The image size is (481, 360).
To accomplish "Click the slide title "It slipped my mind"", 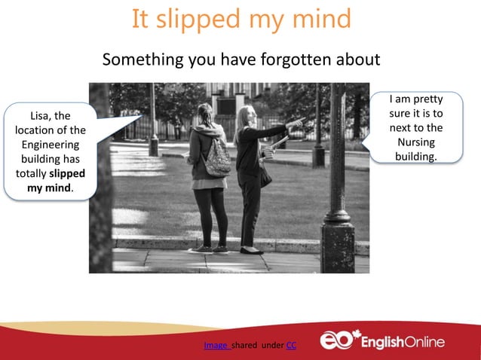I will (240, 19).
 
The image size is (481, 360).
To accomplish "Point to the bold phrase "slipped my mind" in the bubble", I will (60, 180).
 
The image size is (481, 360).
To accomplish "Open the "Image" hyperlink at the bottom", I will (216, 345).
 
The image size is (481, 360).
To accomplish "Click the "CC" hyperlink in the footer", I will (291, 345).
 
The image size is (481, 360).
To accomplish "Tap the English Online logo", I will (382, 341).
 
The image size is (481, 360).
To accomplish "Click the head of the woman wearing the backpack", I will (205, 114).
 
